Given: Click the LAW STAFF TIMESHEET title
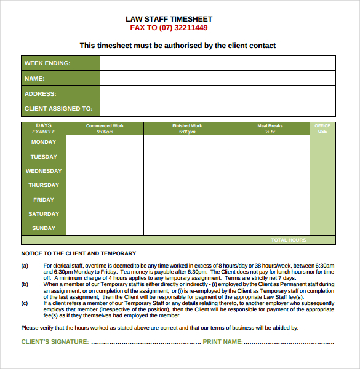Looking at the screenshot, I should [x=169, y=18].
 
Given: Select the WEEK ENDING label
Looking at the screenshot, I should [x=47, y=63].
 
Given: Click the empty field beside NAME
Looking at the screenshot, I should [x=218, y=78].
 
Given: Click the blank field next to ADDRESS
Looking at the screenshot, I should [x=218, y=93].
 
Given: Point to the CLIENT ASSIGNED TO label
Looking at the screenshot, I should [x=58, y=109].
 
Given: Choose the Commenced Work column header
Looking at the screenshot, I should [x=105, y=125].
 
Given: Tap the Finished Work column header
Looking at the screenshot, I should [x=187, y=125].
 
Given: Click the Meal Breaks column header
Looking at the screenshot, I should [x=270, y=125].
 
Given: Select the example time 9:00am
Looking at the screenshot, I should [x=105, y=132].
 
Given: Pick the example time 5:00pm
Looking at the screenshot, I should [x=187, y=132].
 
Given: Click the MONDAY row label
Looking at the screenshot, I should [x=44, y=142].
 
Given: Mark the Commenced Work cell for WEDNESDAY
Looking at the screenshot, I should [x=105, y=171].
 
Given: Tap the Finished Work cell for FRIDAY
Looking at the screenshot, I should [x=187, y=199].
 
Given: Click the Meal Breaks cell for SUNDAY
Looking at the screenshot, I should [x=270, y=228].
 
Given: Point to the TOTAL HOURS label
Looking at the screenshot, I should [x=289, y=240].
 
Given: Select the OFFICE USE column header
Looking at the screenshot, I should [x=322, y=129].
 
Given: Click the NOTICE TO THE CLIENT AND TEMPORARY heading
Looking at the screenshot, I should [x=79, y=253].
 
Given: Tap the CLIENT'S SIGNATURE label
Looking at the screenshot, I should [x=55, y=341].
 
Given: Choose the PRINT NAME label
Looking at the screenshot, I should [x=222, y=341].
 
